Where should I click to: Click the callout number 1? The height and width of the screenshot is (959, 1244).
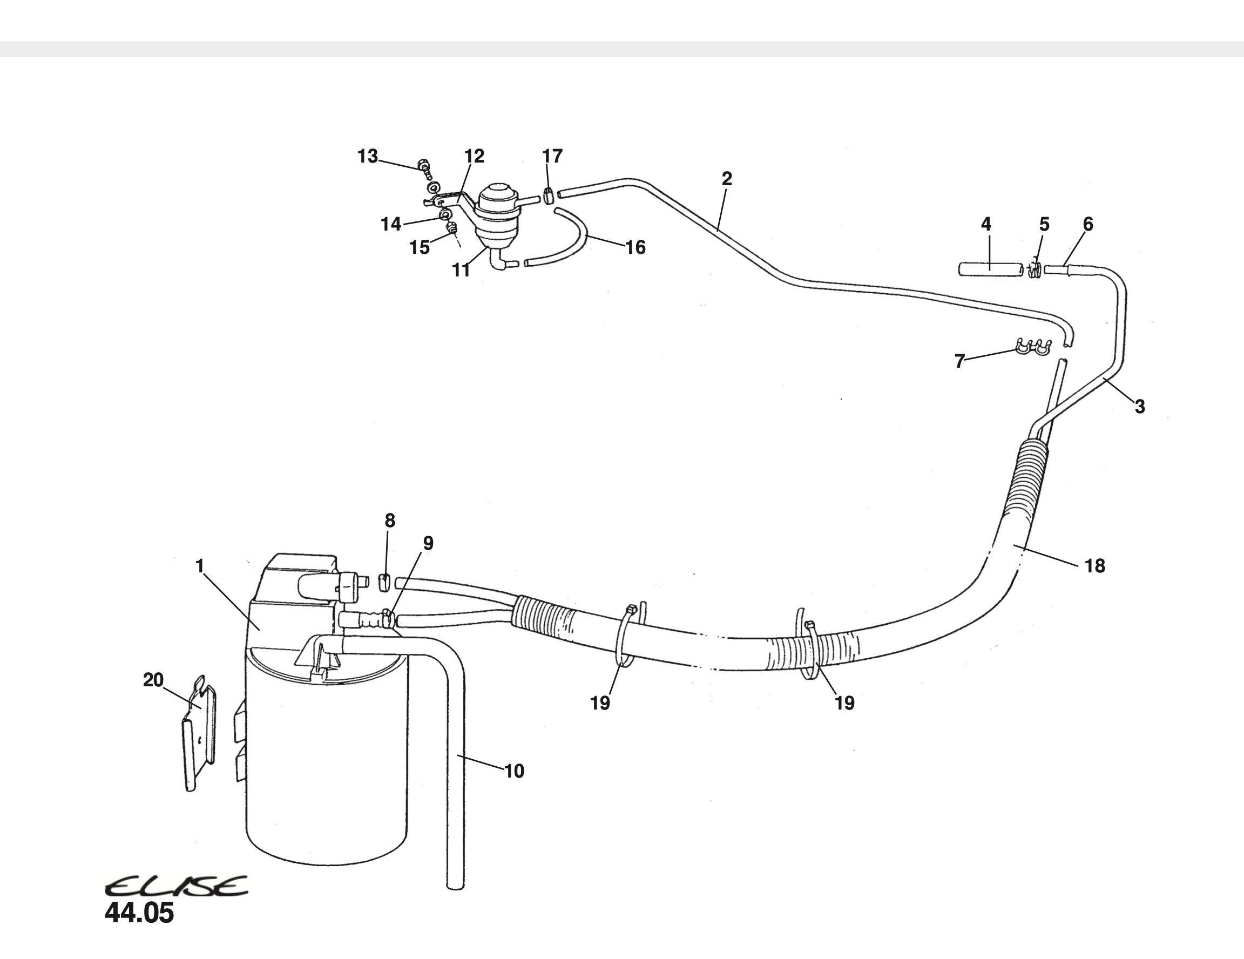coord(199,566)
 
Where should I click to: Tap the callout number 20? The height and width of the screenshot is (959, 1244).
coord(153,680)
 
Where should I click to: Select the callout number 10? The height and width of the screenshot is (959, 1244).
coord(514,771)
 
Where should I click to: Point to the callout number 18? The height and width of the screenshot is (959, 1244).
coord(1094,566)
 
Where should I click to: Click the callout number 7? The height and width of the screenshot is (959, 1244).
coord(960,361)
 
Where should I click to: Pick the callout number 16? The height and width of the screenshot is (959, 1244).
coord(635,247)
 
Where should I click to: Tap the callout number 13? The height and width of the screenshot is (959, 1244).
coord(367,156)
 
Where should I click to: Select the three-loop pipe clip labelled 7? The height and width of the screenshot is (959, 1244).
coord(1032,346)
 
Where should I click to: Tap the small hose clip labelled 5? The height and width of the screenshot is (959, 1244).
coord(1035,270)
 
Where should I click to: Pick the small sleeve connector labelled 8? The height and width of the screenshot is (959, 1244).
coord(385,583)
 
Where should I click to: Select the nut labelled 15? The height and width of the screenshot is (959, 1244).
coord(452,229)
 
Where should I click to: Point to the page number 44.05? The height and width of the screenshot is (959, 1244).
coord(139,913)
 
